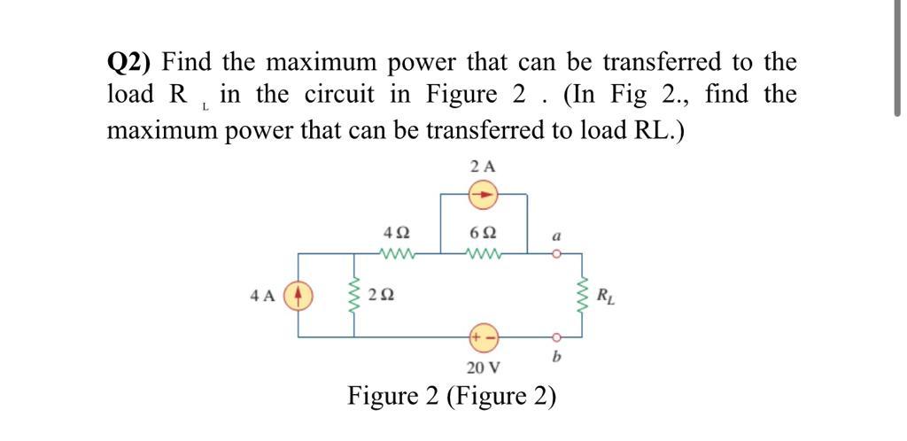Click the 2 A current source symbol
484,194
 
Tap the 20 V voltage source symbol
484,337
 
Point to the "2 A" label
484,166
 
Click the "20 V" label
484,366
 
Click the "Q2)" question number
130,64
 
